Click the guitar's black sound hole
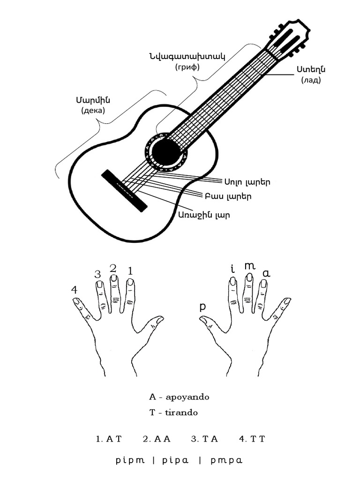point(166,152)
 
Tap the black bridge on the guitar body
point(124,190)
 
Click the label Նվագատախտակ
point(187,56)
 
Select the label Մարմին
point(93,100)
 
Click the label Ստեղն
point(311,69)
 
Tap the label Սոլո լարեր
point(247,182)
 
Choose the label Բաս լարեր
point(228,196)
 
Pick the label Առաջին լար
point(204,215)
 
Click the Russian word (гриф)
point(187,67)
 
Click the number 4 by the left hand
point(74,290)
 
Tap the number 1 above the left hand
point(130,271)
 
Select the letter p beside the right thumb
point(202,307)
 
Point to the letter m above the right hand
point(250,266)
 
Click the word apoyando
point(187,397)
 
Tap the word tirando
point(181,412)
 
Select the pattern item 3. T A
point(204,439)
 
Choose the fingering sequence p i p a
point(175,460)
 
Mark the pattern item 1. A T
point(109,439)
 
